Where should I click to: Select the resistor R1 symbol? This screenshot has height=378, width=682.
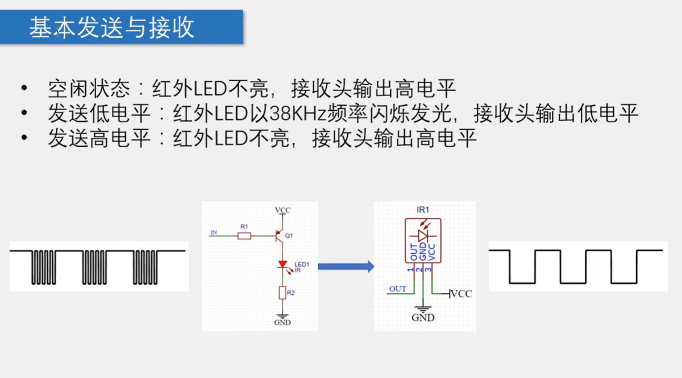[x=244, y=235]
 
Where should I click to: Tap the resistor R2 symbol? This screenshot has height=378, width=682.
[x=282, y=293]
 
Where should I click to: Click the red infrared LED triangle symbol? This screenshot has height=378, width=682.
[x=282, y=264]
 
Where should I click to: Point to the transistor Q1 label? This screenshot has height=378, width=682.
[x=289, y=235]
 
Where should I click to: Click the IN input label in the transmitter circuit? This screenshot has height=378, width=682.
[x=214, y=232]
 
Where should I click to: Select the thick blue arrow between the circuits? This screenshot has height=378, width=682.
[x=345, y=266]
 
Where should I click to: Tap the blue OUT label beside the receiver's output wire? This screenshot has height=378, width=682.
[x=398, y=289]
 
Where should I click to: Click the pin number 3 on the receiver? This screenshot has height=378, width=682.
[x=428, y=269]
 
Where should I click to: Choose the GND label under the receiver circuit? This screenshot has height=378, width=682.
[x=423, y=318]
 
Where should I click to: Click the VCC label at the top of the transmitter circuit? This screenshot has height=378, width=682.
[x=282, y=210]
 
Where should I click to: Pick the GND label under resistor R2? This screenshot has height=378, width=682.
[x=282, y=322]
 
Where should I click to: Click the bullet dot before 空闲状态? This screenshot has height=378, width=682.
[x=23, y=89]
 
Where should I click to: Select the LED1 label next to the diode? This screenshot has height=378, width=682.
[x=301, y=264]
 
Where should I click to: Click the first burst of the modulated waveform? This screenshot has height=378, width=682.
[x=43, y=267]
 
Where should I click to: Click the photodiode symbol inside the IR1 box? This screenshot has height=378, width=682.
[x=423, y=235]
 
